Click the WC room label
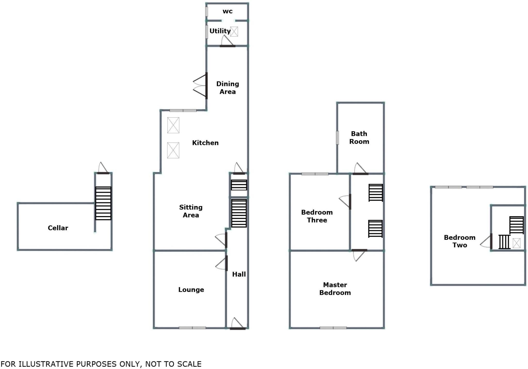coord(227,11)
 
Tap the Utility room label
coord(220,31)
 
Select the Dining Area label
coord(227,88)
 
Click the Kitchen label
coord(205,143)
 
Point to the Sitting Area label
coord(191,211)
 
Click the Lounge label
coord(191,290)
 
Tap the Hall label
coord(239,274)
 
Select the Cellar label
coord(58,228)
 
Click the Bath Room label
coord(359,138)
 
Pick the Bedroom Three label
coord(317,216)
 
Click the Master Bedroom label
coord(335,289)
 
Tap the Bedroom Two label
coord(460,241)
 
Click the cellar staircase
coord(103,203)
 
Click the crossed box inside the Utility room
coord(234,32)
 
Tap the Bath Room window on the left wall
coord(337,138)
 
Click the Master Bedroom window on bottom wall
coord(333,328)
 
